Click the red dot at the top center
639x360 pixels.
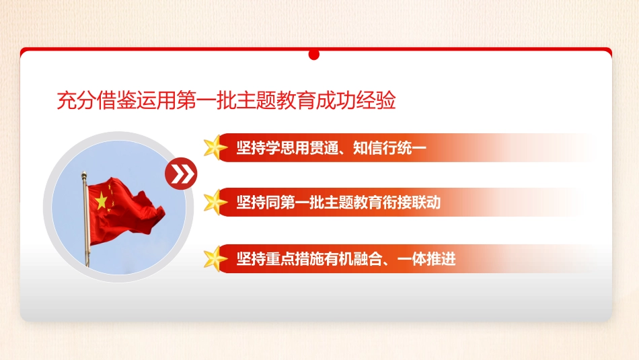[314, 55]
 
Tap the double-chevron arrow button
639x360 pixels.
[181, 174]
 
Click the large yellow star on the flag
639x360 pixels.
[102, 200]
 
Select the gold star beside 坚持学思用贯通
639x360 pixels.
[216, 148]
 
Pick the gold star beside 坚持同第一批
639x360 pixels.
[216, 202]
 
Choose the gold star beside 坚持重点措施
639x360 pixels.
[216, 258]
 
